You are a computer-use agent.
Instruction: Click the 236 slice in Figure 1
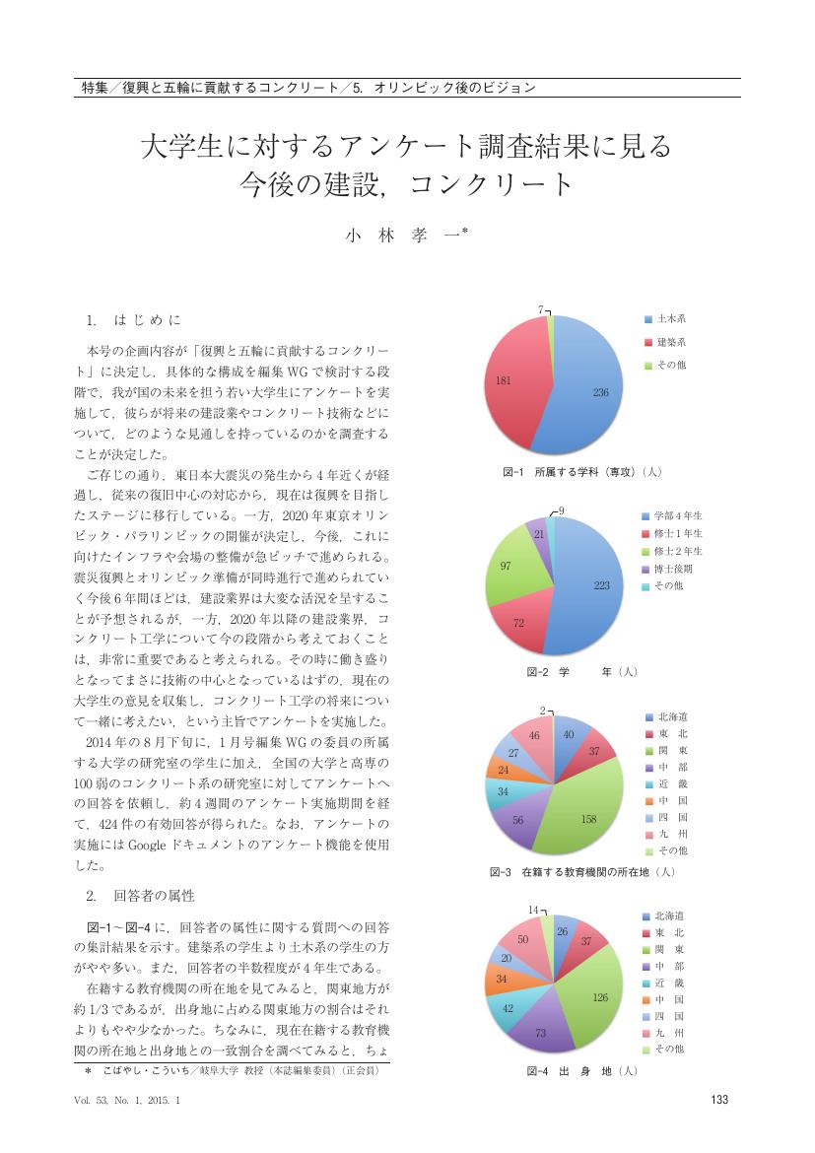591,394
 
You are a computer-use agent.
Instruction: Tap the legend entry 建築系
672,342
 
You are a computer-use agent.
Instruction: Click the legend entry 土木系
672,319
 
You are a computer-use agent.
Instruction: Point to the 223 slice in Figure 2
596,586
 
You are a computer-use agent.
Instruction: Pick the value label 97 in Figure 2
505,566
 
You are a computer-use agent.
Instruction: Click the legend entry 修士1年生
679,533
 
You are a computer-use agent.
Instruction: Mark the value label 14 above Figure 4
532,909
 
